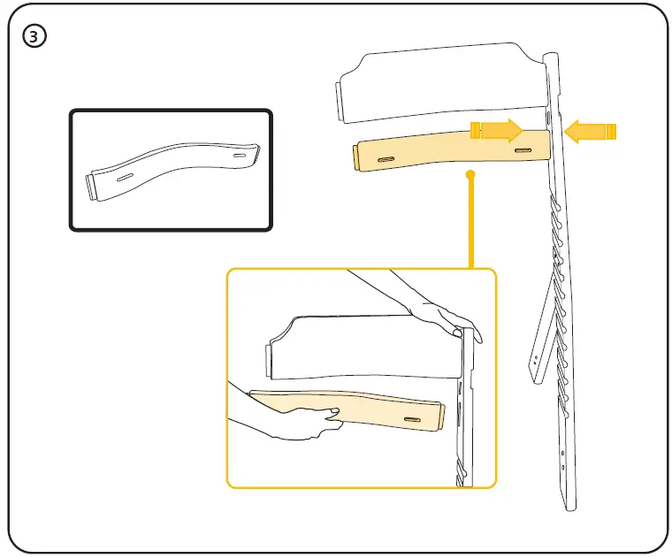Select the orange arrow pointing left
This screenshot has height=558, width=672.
pyautogui.click(x=589, y=132)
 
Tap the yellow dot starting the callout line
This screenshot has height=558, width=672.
pyautogui.click(x=471, y=175)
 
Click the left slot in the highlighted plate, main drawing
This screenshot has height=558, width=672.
pyautogui.click(x=387, y=159)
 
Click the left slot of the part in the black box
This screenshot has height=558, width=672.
pyautogui.click(x=126, y=175)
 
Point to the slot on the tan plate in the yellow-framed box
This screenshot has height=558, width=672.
pyautogui.click(x=413, y=417)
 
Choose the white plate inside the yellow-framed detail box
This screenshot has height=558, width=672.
pyautogui.click(x=363, y=349)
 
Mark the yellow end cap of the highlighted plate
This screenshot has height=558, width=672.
pyautogui.click(x=355, y=157)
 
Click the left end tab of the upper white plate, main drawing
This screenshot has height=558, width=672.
pyautogui.click(x=340, y=101)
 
